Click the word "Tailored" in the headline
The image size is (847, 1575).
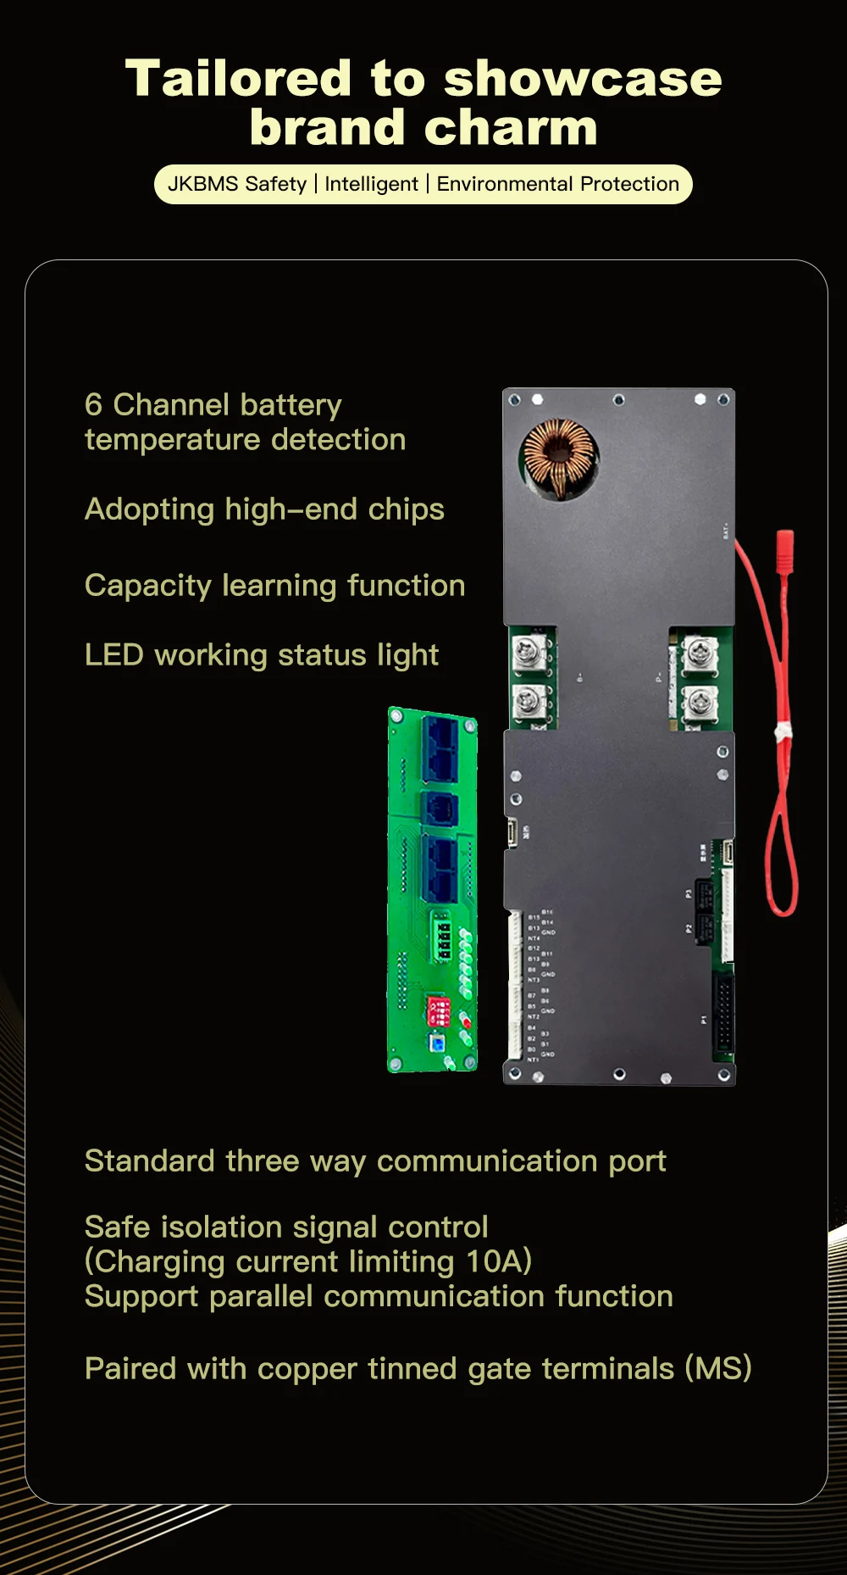click(238, 79)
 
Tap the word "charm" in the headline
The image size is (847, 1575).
click(512, 128)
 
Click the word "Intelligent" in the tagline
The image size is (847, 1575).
click(371, 184)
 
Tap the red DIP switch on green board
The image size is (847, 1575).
click(439, 1010)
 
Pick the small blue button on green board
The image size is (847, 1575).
click(436, 1043)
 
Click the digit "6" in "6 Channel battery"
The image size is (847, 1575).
click(93, 405)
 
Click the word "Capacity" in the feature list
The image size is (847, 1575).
click(147, 586)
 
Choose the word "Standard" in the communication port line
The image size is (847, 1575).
click(149, 1160)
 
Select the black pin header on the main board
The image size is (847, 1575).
click(722, 1012)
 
